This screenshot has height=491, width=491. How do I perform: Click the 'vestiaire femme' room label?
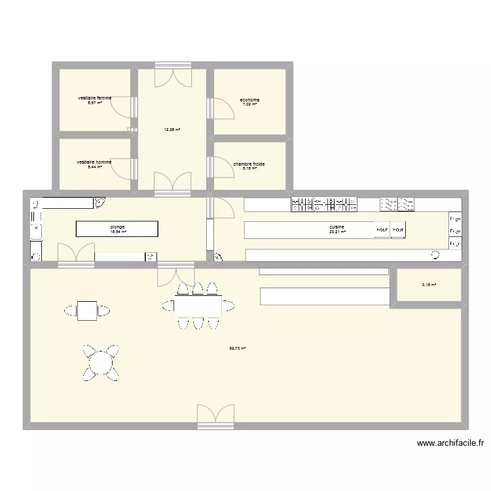click(x=94, y=98)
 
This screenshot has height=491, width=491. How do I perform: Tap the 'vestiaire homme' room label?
click(x=94, y=162)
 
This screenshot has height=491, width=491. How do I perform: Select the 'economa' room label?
click(x=249, y=100)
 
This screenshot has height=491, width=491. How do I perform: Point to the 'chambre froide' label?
click(x=249, y=164)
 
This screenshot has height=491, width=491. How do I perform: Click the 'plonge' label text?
click(x=118, y=227)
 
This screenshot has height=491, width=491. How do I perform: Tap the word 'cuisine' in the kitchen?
click(x=337, y=227)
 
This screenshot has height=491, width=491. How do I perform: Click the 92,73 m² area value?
click(x=237, y=348)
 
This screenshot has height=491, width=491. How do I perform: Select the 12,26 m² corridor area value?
click(x=172, y=130)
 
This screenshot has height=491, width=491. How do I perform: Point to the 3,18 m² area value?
click(x=428, y=284)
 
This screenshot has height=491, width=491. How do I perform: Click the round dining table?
click(x=101, y=361)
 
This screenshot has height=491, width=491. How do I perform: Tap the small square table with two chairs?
click(x=86, y=310)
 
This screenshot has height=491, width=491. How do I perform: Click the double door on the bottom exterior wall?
click(x=215, y=416)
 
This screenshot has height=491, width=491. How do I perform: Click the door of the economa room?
click(x=223, y=108)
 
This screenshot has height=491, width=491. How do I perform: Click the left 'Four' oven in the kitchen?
click(x=382, y=230)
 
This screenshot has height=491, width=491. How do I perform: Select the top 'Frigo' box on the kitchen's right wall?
click(x=454, y=219)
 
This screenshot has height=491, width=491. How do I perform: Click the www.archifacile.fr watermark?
click(x=451, y=443)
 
